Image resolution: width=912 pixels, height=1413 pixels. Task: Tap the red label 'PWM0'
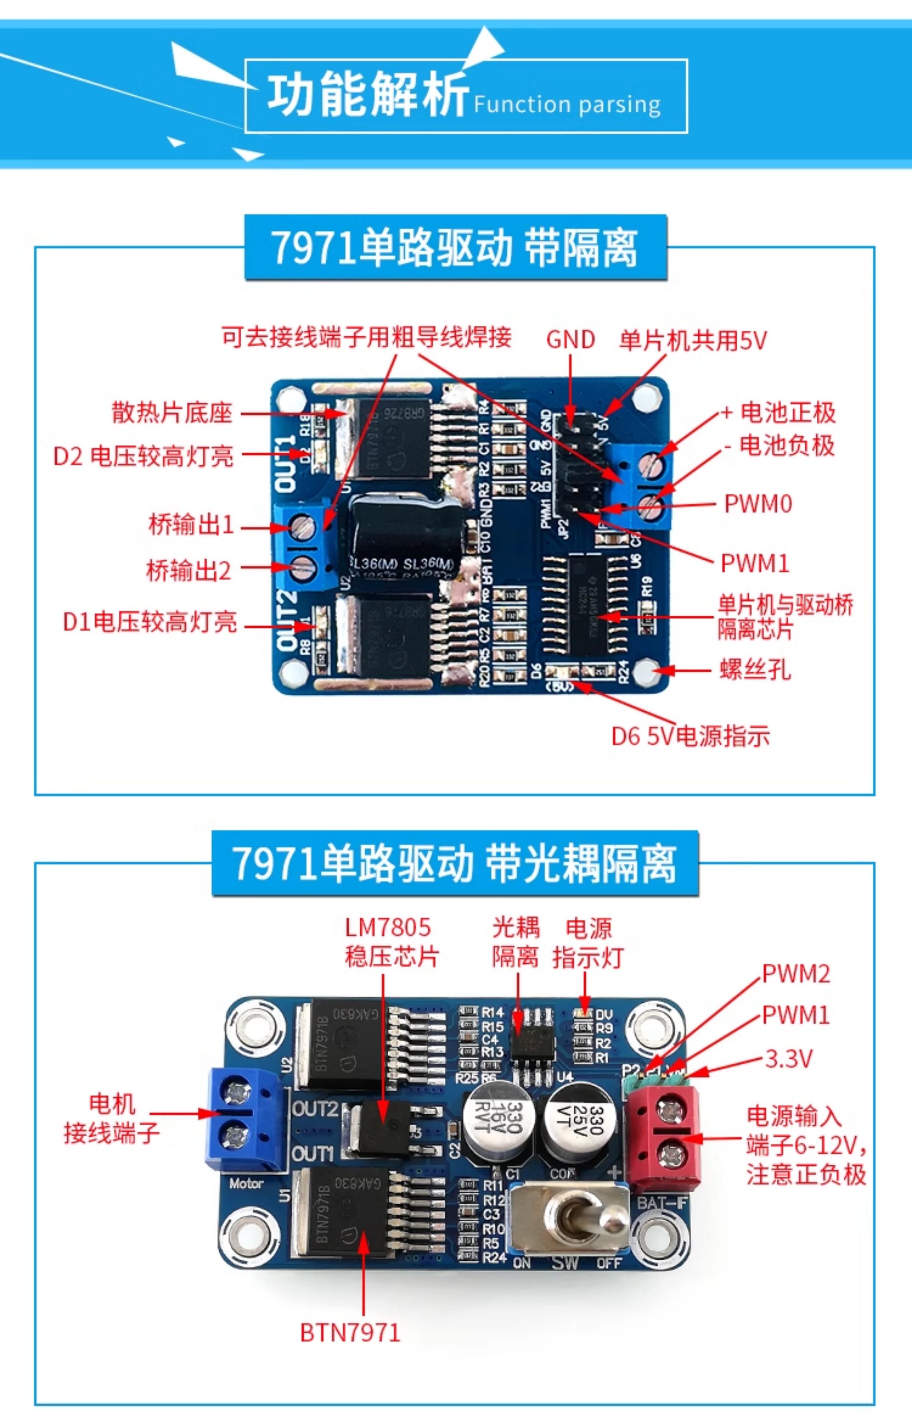tap(758, 504)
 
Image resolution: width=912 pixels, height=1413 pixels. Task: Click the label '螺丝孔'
tap(755, 669)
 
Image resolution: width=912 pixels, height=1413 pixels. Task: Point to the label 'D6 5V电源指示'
tap(690, 736)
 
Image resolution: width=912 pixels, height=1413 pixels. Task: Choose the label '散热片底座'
tap(172, 412)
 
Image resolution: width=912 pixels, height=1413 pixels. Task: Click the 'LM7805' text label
tap(388, 927)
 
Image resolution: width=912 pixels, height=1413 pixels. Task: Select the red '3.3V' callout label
tap(788, 1059)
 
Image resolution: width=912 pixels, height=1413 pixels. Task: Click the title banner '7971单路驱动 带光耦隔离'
tap(455, 864)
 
